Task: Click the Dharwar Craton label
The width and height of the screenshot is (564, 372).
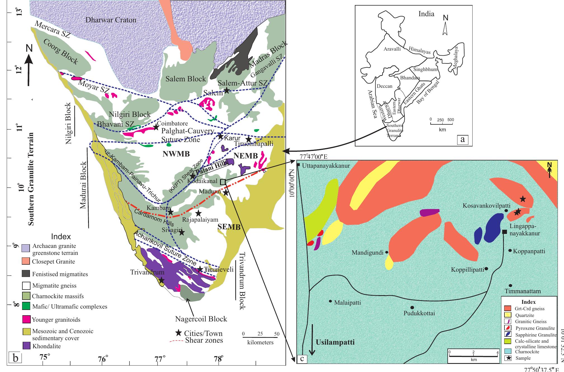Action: (x=111, y=20)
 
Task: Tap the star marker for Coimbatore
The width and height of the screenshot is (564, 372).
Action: (x=156, y=127)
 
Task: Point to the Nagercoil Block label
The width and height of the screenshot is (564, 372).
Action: (x=201, y=319)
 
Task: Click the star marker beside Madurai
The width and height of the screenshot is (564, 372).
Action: (x=226, y=193)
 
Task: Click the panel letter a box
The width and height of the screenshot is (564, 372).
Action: (x=462, y=139)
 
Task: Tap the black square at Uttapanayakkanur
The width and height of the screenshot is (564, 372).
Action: (x=299, y=165)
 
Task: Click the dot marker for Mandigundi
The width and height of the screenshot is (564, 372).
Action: (x=387, y=252)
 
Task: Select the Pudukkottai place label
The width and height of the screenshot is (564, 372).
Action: (x=419, y=313)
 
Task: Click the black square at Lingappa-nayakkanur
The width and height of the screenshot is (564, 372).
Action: (x=504, y=232)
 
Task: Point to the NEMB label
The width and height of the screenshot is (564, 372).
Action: (x=246, y=156)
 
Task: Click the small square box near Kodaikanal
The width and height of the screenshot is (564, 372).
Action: (x=223, y=182)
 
